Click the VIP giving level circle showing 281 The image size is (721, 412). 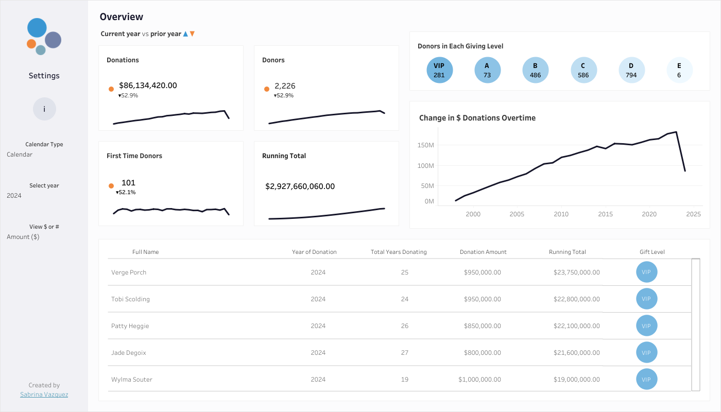(439, 70)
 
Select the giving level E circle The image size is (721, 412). (679, 70)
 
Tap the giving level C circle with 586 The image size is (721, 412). (583, 70)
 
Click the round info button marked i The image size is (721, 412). (44, 109)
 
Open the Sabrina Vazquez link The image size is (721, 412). (44, 394)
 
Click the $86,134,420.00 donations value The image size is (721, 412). (148, 85)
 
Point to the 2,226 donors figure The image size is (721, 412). (285, 86)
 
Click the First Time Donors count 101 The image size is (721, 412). (128, 183)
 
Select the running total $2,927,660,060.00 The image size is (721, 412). (300, 186)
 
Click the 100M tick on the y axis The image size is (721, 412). (425, 166)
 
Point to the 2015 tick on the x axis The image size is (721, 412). (605, 214)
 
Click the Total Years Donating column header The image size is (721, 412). (399, 252)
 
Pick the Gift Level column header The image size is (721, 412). (652, 252)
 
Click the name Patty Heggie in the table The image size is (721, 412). (130, 326)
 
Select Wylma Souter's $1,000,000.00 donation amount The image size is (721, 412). (479, 380)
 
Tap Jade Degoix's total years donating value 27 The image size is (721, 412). (405, 353)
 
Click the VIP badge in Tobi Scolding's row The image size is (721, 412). (646, 299)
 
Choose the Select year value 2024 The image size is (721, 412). (14, 196)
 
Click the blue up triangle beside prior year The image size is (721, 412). (185, 34)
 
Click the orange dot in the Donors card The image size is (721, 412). (267, 89)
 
